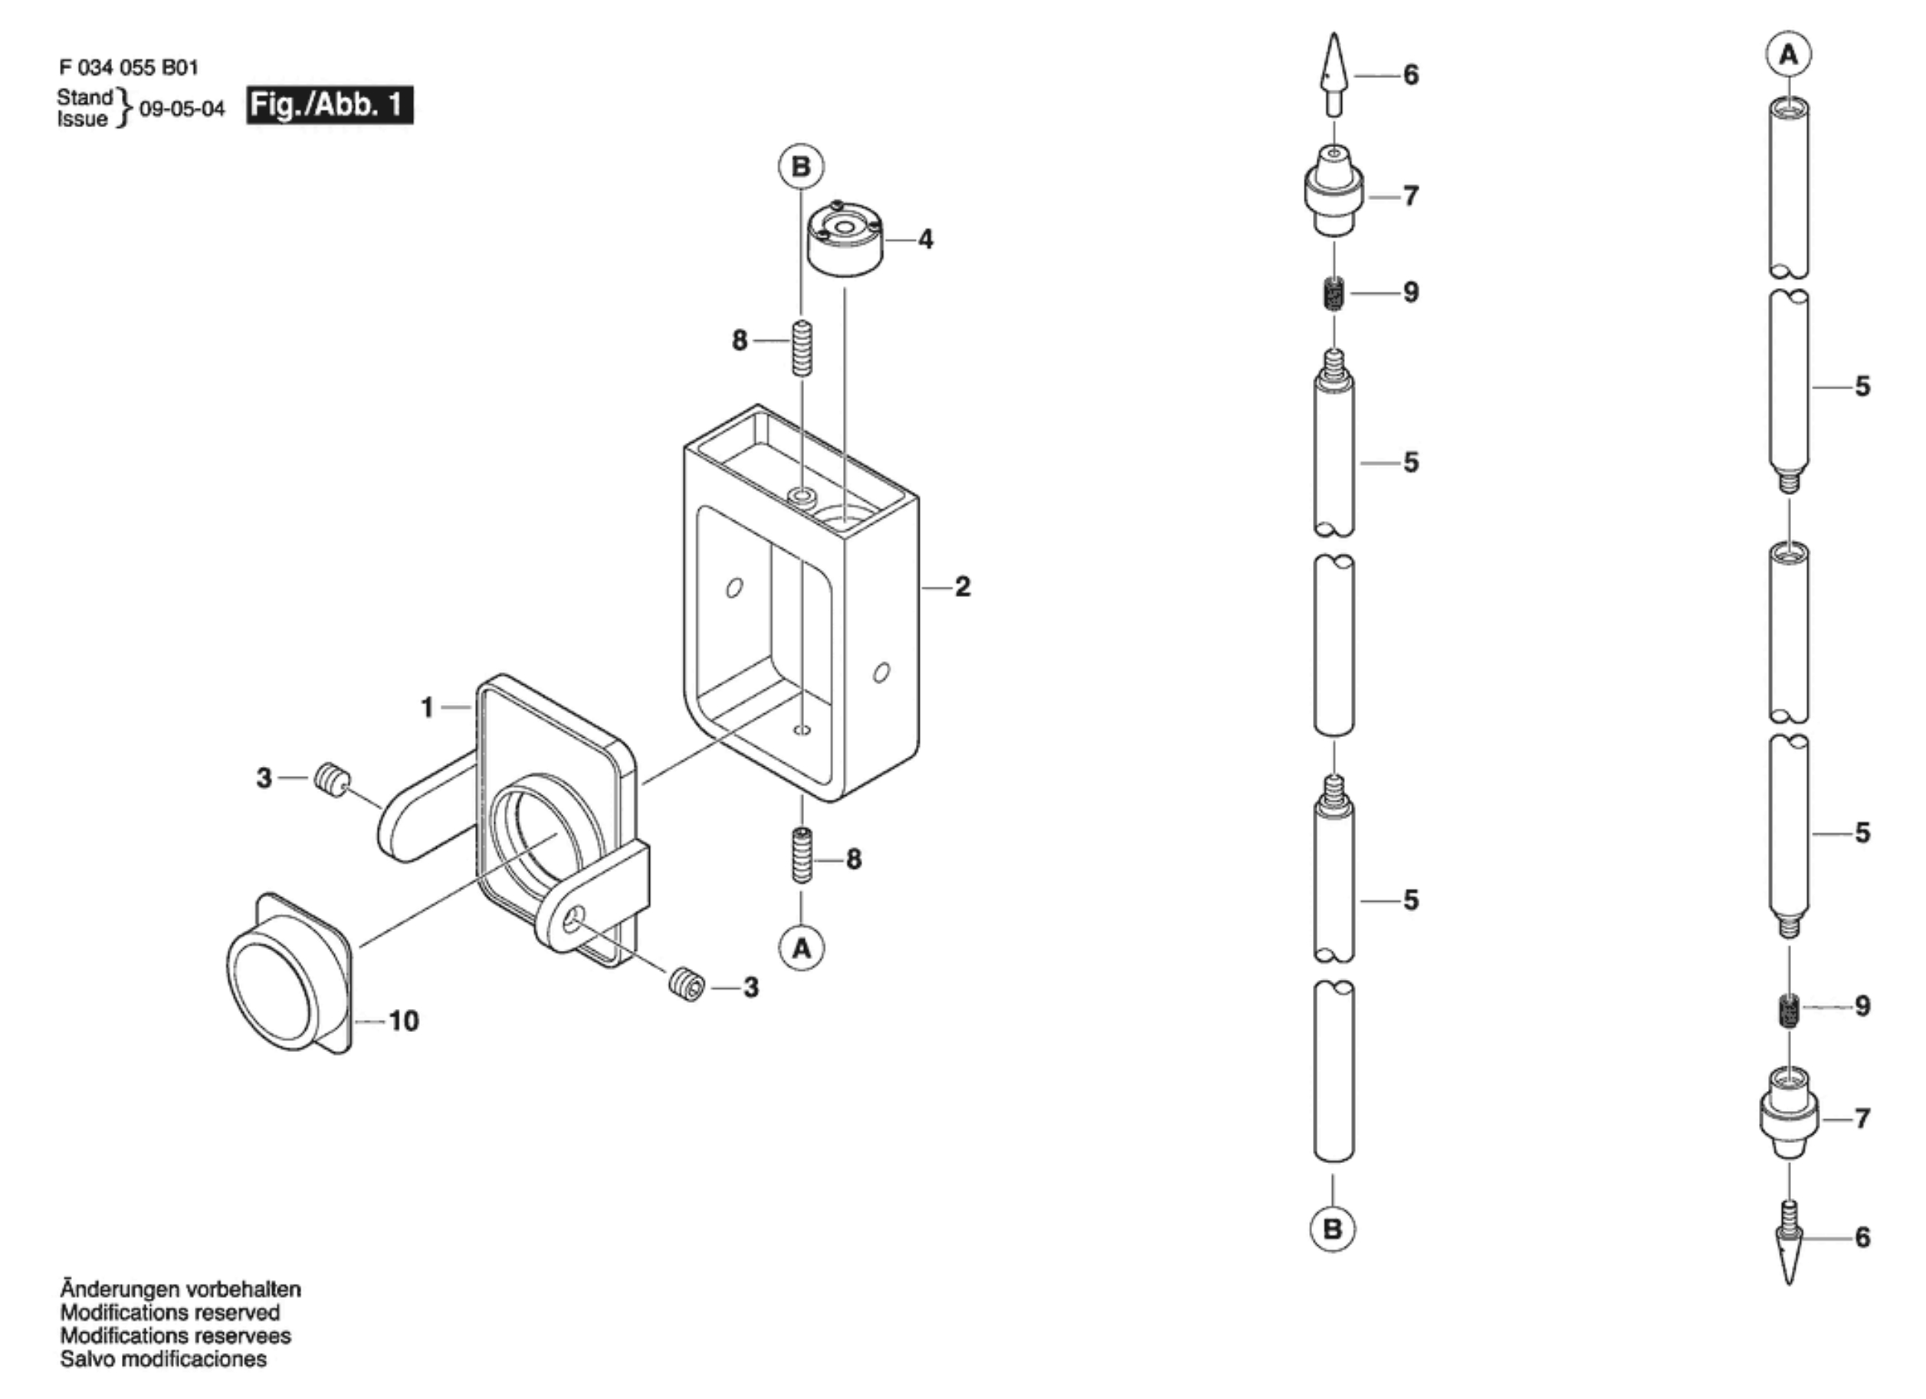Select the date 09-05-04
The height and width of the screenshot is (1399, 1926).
tap(182, 110)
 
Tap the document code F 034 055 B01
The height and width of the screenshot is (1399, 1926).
tap(129, 67)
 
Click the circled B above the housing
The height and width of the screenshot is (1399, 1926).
tap(801, 166)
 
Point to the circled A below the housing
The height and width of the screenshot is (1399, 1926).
tap(802, 949)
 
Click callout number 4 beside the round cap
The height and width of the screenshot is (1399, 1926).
tap(926, 239)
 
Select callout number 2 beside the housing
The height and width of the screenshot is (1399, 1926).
tap(962, 587)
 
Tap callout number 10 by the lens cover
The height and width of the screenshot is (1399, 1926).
tap(404, 1021)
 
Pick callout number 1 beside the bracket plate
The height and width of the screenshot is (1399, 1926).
tap(427, 707)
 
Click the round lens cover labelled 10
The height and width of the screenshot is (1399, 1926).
tap(289, 974)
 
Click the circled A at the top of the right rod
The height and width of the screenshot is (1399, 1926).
tap(1789, 55)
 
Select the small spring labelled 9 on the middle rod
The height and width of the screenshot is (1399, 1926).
tap(1334, 293)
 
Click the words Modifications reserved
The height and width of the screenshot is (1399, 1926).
tap(170, 1312)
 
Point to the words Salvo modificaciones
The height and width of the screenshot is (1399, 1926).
tap(163, 1359)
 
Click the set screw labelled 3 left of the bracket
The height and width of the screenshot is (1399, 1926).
tap(332, 778)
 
